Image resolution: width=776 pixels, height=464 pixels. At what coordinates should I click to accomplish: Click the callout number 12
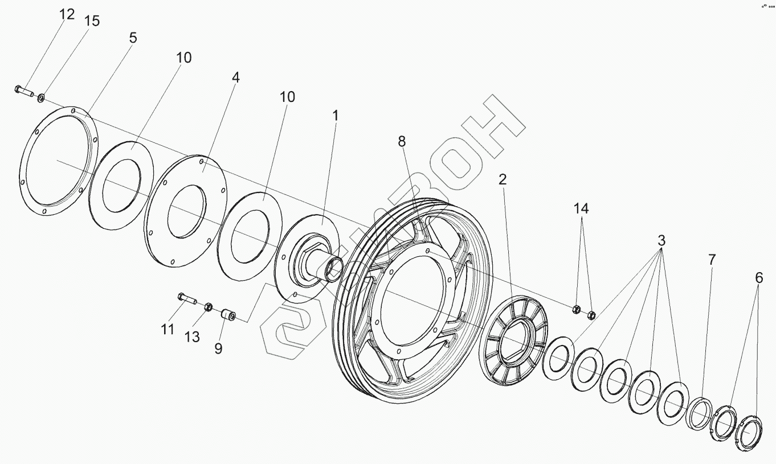coord(67,14)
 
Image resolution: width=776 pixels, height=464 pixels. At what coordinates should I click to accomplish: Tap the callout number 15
coord(92,21)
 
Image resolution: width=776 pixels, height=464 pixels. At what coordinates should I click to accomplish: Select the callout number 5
coord(133,38)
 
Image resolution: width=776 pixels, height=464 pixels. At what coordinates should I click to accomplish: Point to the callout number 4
coord(235,77)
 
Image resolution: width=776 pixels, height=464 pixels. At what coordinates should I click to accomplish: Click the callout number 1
coord(336,116)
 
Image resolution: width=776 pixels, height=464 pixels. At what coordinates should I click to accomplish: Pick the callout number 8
coord(402,142)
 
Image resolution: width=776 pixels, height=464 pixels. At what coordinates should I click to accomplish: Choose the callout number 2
coord(502,180)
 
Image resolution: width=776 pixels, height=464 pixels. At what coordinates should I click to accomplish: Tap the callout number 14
coord(581,209)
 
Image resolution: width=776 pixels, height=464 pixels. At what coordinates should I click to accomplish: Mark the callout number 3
coord(661,240)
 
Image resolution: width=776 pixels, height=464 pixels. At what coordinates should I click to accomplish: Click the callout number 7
coord(712,260)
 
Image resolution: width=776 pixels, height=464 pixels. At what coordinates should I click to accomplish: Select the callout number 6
coord(758,278)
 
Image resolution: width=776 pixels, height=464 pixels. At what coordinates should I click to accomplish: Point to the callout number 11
coord(167,329)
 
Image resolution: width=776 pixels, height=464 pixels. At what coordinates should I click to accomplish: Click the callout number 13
coord(192,337)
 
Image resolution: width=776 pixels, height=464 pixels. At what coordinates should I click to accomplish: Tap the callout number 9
coord(218,348)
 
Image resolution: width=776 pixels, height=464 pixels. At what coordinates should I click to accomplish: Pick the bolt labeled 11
coord(187,298)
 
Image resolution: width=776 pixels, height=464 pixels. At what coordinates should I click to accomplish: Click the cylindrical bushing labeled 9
coord(229,314)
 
